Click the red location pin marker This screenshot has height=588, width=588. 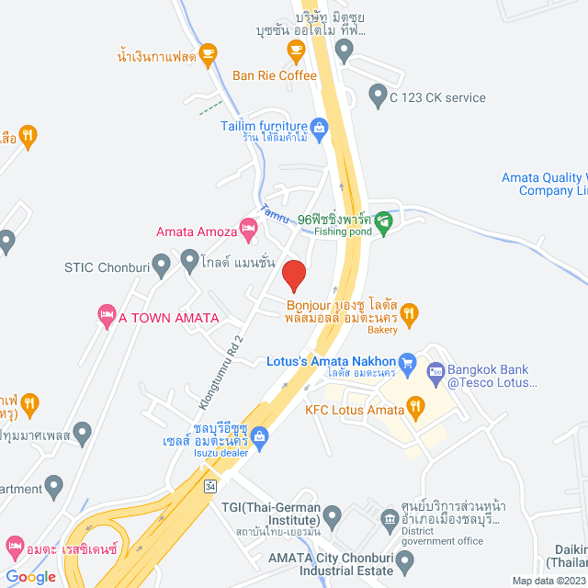(293, 275)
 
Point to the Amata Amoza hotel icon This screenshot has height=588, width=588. (247, 226)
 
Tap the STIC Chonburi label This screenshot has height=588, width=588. (103, 267)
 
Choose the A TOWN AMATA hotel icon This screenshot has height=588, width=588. (105, 318)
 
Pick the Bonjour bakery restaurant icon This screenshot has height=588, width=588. (410, 312)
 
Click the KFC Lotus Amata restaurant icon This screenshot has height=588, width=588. (415, 403)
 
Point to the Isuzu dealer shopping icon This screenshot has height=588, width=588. (261, 435)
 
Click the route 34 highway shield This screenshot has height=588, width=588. (210, 484)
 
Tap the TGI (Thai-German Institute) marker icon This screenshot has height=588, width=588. (334, 513)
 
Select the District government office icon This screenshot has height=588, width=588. (390, 520)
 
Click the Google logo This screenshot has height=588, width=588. (30, 576)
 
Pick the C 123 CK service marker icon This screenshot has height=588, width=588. (377, 94)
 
